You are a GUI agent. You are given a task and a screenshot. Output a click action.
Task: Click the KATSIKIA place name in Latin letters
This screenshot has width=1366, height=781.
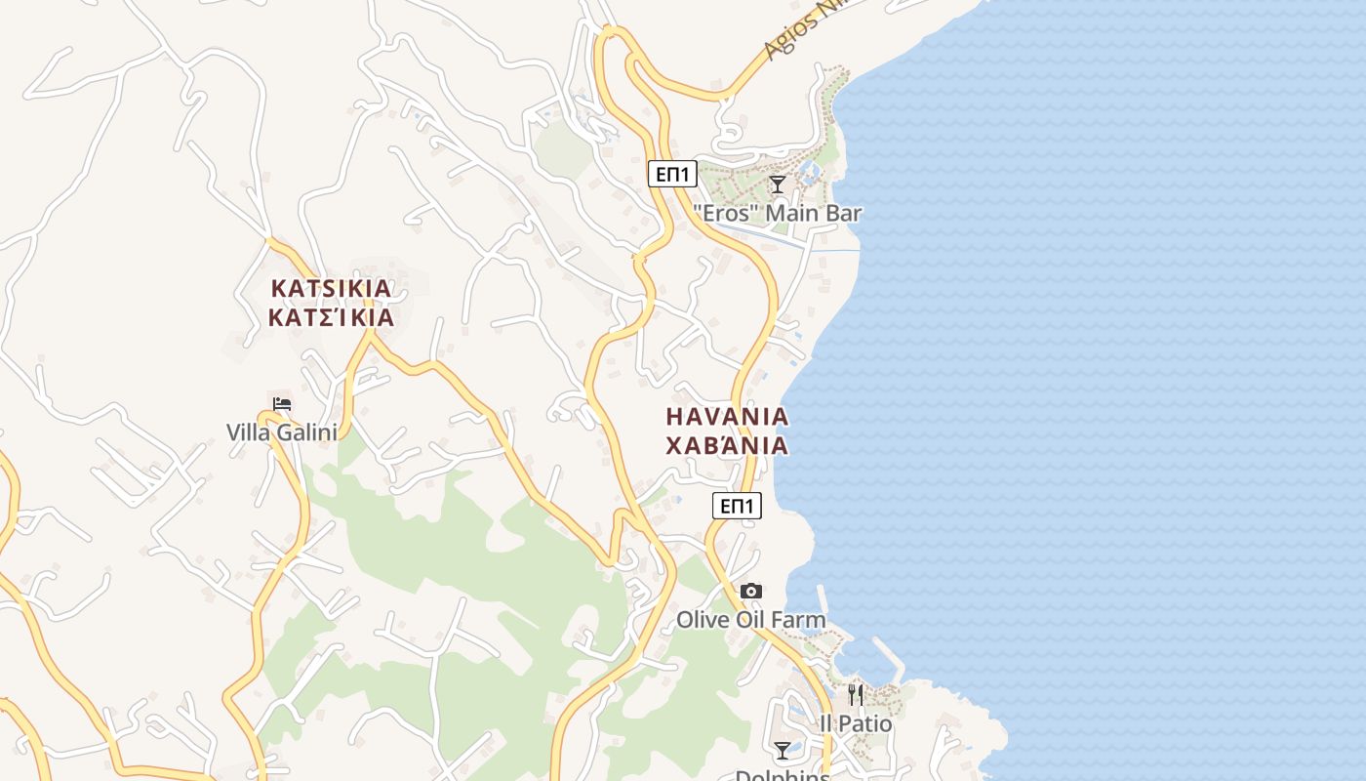(331, 288)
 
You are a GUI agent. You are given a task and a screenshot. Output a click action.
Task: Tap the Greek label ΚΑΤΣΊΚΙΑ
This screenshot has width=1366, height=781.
(331, 317)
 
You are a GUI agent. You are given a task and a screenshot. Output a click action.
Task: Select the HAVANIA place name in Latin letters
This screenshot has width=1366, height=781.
(727, 416)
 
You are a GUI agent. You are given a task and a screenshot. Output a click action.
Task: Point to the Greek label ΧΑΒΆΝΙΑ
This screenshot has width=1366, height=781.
(727, 446)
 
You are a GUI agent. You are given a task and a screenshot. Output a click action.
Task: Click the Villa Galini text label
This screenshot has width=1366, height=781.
(281, 432)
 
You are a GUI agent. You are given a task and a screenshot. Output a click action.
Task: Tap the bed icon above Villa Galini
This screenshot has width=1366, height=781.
(282, 403)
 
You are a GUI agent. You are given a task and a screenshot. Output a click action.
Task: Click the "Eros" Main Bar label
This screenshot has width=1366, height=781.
(778, 213)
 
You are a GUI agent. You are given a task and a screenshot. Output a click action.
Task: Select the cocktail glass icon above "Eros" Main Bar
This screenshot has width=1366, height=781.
(778, 184)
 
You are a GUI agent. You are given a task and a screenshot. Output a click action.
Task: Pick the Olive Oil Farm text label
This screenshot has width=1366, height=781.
(751, 620)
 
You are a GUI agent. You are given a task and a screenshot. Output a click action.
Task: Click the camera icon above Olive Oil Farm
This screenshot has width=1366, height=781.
(751, 591)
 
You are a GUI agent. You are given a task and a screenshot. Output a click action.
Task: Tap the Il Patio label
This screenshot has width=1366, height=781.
(856, 723)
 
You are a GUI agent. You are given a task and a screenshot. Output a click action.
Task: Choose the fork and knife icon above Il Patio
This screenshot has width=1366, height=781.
(856, 694)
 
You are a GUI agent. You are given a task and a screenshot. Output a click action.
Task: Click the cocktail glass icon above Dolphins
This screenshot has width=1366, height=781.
(783, 750)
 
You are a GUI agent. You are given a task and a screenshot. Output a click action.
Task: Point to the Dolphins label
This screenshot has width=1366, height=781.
(783, 775)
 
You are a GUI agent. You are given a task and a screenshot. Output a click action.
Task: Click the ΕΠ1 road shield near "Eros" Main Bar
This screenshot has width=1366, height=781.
(672, 175)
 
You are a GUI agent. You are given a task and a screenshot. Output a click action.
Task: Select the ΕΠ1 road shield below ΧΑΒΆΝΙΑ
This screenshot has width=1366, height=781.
(737, 505)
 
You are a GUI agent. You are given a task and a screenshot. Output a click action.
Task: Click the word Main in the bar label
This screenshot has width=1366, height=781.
(787, 213)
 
